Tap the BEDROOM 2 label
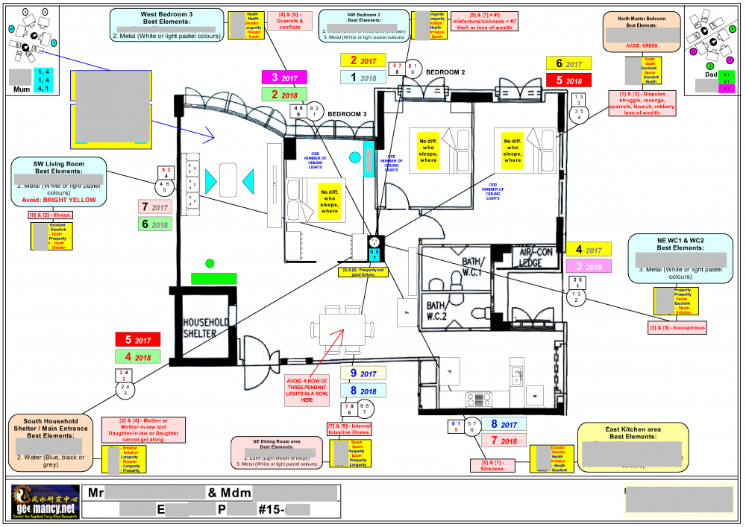coord(445,72)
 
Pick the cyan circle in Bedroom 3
coord(354,158)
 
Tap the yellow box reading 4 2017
coord(589,250)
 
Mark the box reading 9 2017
coord(363,373)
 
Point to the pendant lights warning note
coord(306,389)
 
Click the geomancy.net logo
coord(44,502)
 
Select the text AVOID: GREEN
coord(642,45)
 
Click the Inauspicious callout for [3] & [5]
coord(677,326)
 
